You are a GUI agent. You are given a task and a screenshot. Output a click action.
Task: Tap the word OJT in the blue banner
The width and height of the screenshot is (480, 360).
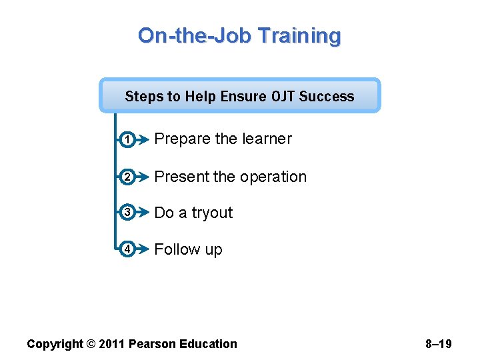(x=284, y=97)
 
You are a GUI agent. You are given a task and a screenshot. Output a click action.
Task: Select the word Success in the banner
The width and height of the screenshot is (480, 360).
(x=327, y=97)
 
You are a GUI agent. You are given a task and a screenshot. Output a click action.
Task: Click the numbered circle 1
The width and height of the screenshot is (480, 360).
(x=127, y=139)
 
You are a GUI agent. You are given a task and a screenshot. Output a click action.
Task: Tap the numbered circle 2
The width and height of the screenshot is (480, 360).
(x=127, y=177)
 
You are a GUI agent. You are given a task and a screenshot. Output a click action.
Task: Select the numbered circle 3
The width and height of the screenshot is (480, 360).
(x=127, y=213)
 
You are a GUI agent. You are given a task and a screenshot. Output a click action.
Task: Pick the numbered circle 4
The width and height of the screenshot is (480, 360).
(x=127, y=249)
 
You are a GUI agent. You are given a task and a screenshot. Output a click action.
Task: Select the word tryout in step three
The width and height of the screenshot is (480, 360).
(x=212, y=213)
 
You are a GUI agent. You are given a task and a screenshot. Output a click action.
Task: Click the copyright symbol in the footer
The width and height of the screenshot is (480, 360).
(x=90, y=344)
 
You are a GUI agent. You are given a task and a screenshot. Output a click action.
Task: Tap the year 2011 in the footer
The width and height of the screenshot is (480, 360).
(x=111, y=344)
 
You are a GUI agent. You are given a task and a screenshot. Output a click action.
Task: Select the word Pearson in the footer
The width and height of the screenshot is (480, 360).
(x=153, y=344)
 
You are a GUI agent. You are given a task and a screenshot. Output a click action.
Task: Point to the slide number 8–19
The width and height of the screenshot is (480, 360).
(x=439, y=344)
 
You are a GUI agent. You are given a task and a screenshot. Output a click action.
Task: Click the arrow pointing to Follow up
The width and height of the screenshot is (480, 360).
(x=141, y=249)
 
